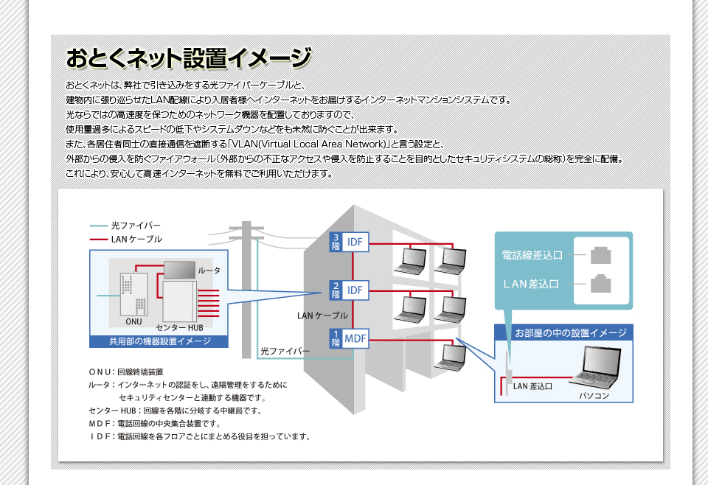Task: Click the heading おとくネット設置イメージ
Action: pos(188,57)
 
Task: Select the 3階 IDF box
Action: pos(349,242)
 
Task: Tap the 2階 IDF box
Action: pos(349,290)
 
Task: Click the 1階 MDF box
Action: pos(349,339)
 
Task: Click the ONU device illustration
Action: pos(133,294)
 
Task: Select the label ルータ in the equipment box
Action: pos(209,271)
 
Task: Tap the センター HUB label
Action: pos(179,327)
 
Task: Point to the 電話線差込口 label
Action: pos(532,255)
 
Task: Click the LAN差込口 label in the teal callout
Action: pos(532,283)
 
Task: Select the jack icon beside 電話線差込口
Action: pos(601,255)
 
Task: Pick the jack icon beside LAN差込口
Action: pos(601,282)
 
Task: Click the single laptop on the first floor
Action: pos(449,357)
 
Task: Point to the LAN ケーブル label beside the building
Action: pos(322,315)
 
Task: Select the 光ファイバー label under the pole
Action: pos(285,351)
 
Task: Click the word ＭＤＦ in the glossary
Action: pos(100,423)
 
